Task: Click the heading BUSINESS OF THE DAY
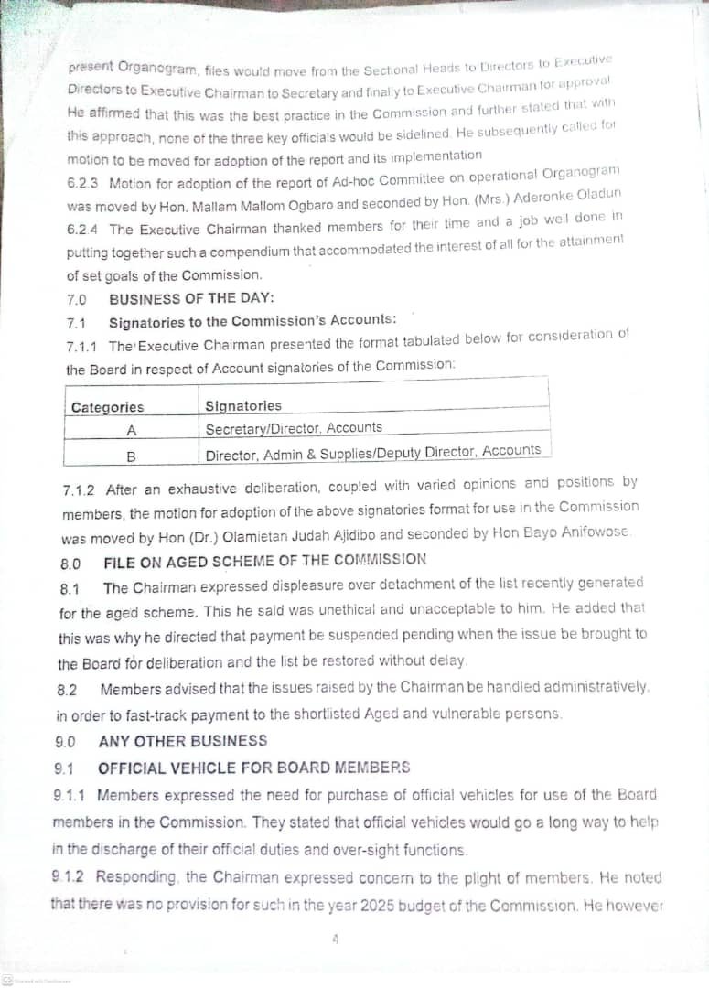(x=191, y=298)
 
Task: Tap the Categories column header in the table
(x=107, y=407)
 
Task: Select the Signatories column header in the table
(x=243, y=405)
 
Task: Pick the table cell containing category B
(x=131, y=455)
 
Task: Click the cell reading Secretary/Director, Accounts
(x=294, y=427)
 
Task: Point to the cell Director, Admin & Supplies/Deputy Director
(x=372, y=452)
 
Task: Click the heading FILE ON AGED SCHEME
(x=264, y=559)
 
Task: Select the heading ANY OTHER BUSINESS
(x=183, y=741)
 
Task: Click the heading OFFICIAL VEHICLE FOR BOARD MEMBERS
(x=254, y=768)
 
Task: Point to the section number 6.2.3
(x=83, y=183)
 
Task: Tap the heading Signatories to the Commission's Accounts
(x=252, y=321)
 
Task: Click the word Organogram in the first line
(x=154, y=69)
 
